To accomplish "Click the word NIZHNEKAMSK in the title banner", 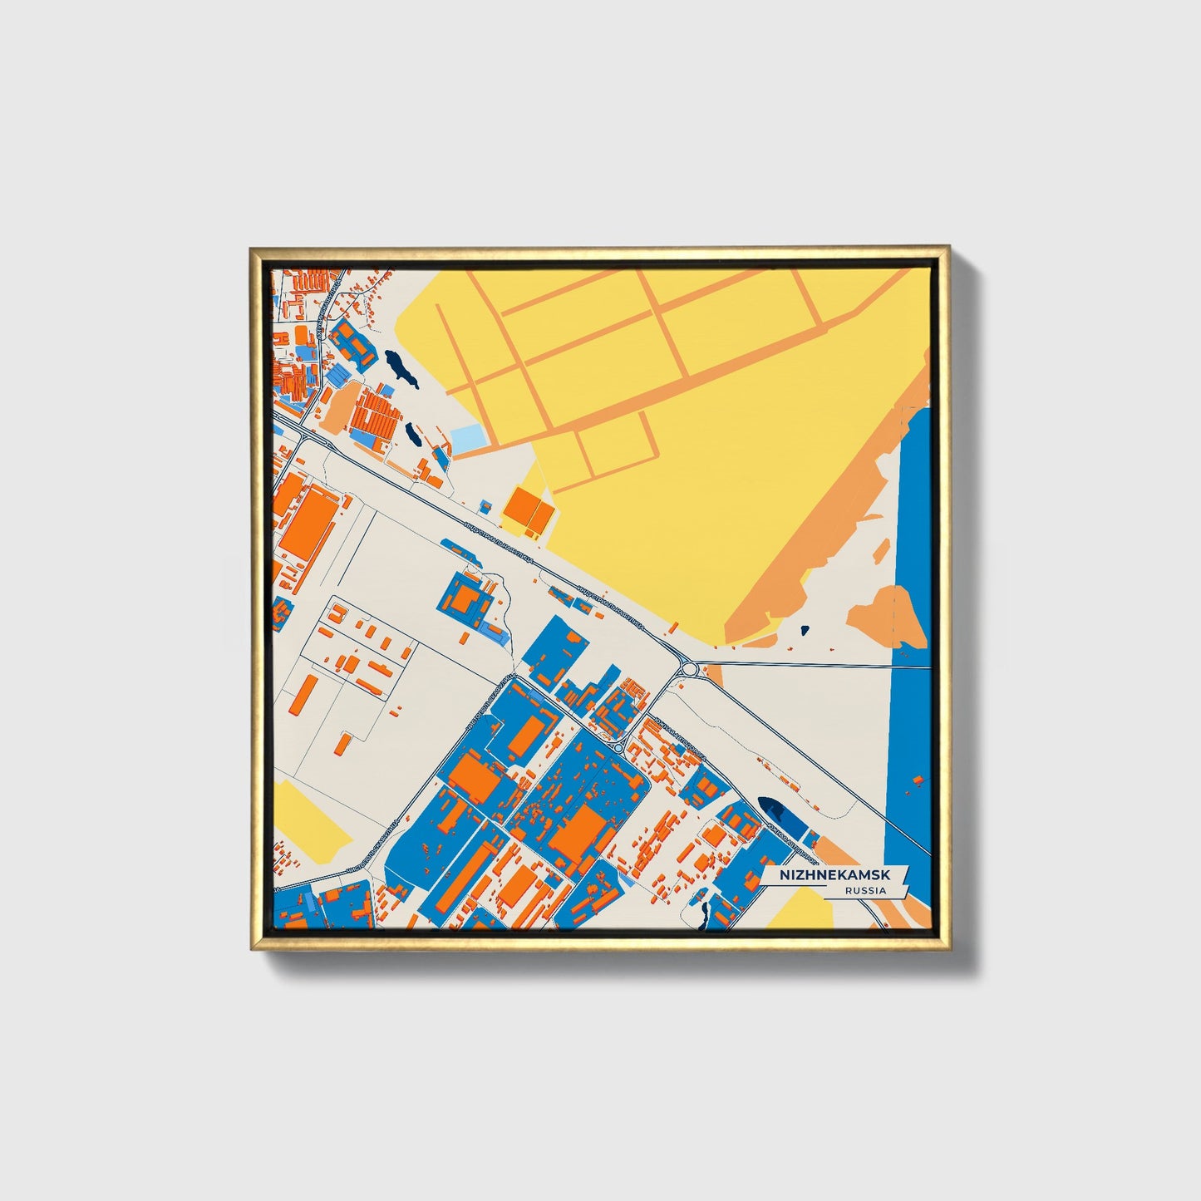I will [833, 875].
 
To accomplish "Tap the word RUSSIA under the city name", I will [864, 891].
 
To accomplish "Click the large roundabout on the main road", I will [688, 667].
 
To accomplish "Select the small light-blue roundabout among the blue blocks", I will [618, 746].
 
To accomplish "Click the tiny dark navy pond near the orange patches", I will [804, 630].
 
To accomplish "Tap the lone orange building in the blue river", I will [918, 780].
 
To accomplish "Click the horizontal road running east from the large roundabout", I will [798, 664].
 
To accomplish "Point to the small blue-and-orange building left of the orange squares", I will [484, 505].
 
